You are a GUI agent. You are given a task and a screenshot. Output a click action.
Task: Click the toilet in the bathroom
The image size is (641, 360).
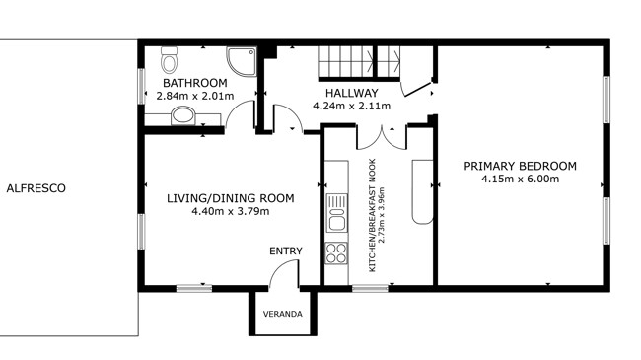pyautogui.click(x=169, y=60)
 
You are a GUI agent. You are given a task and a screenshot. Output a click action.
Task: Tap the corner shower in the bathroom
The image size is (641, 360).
pyautogui.click(x=242, y=61)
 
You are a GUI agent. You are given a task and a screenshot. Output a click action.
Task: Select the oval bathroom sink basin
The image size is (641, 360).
pyautogui.click(x=182, y=115)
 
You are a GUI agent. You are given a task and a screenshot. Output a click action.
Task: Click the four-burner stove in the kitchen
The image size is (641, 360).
pyautogui.click(x=336, y=252)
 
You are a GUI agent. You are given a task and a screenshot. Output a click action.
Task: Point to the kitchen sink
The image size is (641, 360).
pyautogui.click(x=337, y=213)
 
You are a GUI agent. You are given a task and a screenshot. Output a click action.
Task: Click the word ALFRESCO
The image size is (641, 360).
pyautogui.click(x=36, y=188)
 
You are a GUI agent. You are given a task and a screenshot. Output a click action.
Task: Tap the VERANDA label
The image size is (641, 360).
pyautogui.click(x=283, y=315)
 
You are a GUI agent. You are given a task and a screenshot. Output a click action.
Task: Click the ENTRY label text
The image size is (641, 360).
pyautogui.click(x=286, y=251)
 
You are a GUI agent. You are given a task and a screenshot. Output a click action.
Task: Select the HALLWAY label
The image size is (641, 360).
pyautogui.click(x=352, y=93)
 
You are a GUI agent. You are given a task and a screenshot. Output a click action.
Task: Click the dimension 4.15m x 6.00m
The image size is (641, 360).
pyautogui.click(x=520, y=179)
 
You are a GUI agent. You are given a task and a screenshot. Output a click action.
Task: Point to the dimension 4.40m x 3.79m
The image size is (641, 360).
pyautogui.click(x=231, y=211)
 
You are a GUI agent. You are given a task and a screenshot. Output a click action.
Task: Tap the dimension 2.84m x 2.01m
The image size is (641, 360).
pyautogui.click(x=195, y=96)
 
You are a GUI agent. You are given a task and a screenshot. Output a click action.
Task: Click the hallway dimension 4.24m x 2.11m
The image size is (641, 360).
pyautogui.click(x=352, y=107)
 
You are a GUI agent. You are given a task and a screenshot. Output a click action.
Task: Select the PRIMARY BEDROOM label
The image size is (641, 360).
pyautogui.click(x=520, y=166)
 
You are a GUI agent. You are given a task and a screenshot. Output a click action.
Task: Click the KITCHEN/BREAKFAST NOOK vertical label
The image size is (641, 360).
pyautogui.click(x=372, y=215)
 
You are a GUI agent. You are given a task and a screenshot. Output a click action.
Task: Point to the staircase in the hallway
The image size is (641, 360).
pyautogui.click(x=359, y=62)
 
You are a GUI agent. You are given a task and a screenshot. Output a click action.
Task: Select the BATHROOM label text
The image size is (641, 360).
pyautogui.click(x=195, y=83)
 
